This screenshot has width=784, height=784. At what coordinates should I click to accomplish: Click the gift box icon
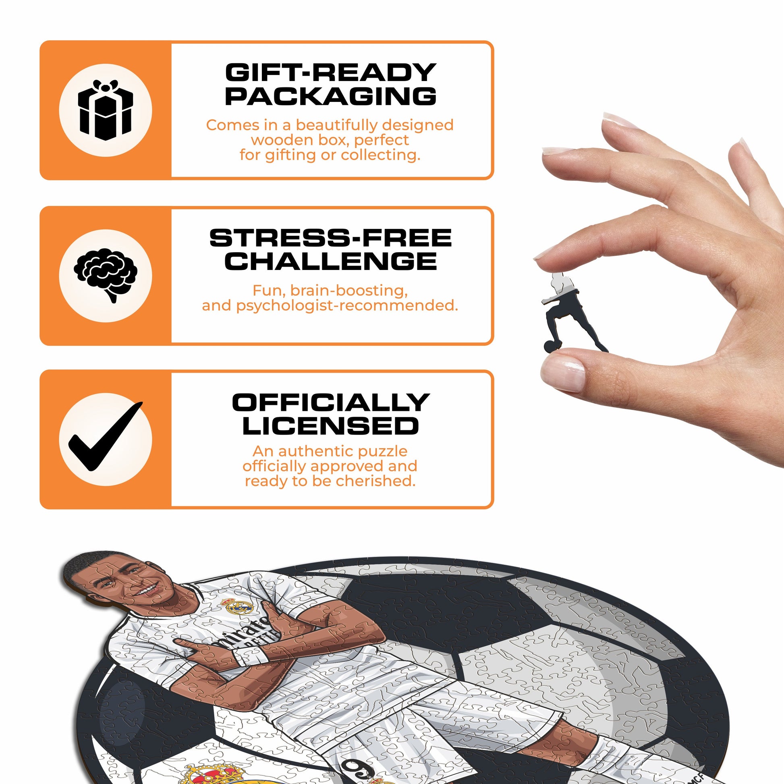pyautogui.click(x=106, y=110)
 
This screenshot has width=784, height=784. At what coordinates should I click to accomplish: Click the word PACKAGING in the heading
pyautogui.click(x=330, y=96)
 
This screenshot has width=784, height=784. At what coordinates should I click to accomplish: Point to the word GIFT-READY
pyautogui.click(x=330, y=73)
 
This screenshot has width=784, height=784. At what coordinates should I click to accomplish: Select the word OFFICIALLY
pyautogui.click(x=330, y=402)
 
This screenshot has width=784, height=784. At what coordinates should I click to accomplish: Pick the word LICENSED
pyautogui.click(x=330, y=426)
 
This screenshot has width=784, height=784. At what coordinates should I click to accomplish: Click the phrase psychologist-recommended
pyautogui.click(x=347, y=305)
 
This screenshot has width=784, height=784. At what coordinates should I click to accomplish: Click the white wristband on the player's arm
pyautogui.click(x=249, y=657)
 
